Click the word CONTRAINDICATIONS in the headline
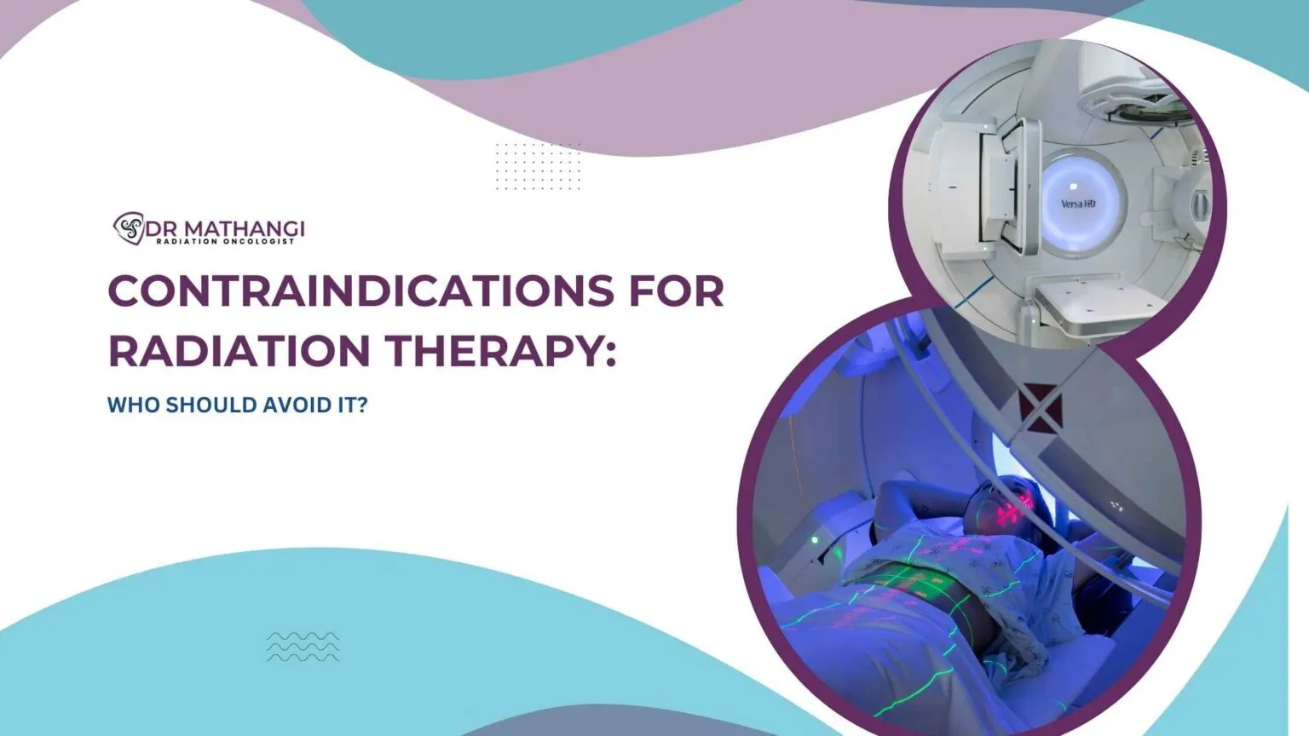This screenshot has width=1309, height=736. pyautogui.click(x=360, y=291)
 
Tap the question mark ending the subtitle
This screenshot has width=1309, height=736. pyautogui.click(x=362, y=405)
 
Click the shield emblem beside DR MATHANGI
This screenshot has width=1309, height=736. pyautogui.click(x=129, y=227)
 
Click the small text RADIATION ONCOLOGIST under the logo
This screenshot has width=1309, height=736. pyautogui.click(x=225, y=242)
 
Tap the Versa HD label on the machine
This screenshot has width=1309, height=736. pyautogui.click(x=1077, y=204)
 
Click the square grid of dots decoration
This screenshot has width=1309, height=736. pyautogui.click(x=538, y=166)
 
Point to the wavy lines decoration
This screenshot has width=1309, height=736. pyautogui.click(x=303, y=647)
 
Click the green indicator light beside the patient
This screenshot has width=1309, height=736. pyautogui.click(x=815, y=540)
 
